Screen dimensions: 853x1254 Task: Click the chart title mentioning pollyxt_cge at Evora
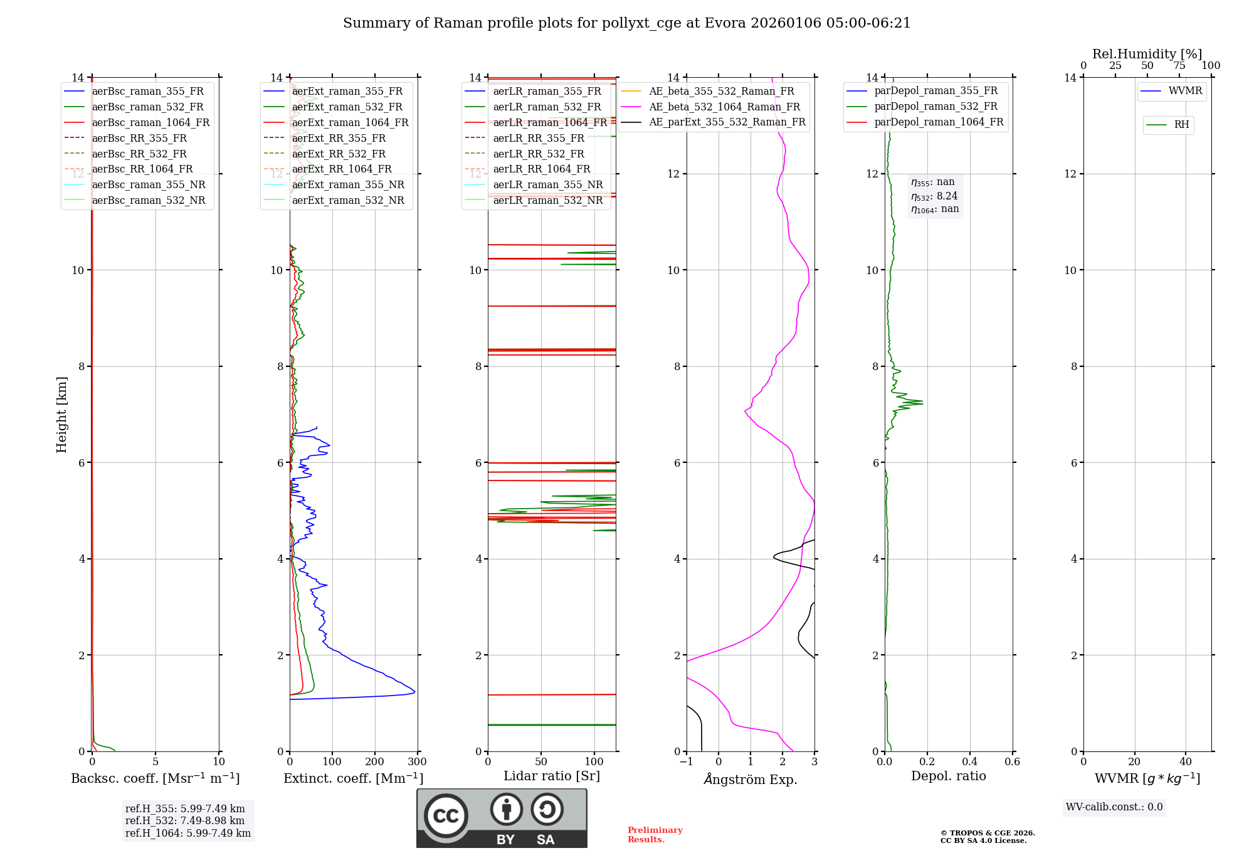pos(626,23)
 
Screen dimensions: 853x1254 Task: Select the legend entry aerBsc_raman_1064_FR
pos(150,122)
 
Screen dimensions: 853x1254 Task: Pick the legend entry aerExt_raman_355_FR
pos(347,91)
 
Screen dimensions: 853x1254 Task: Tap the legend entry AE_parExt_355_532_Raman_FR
pos(727,122)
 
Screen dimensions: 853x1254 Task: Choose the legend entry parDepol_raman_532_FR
pos(935,107)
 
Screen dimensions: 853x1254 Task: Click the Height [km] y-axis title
pos(61,414)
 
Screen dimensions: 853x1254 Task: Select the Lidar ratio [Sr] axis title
pos(552,776)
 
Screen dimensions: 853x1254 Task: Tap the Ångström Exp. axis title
pos(751,779)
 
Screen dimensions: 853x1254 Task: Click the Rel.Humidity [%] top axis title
pos(1147,54)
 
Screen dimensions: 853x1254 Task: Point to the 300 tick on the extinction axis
pos(417,761)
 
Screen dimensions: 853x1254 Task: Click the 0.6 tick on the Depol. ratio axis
pos(1012,761)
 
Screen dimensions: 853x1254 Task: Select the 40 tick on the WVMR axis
pos(1185,761)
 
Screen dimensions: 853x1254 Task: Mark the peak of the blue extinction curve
pos(414,692)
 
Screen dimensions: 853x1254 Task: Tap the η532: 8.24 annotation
pos(934,196)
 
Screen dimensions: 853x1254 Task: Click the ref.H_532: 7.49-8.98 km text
pos(185,820)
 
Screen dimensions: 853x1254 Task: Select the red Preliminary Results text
pos(655,834)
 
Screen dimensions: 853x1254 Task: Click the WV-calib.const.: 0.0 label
pos(1114,807)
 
